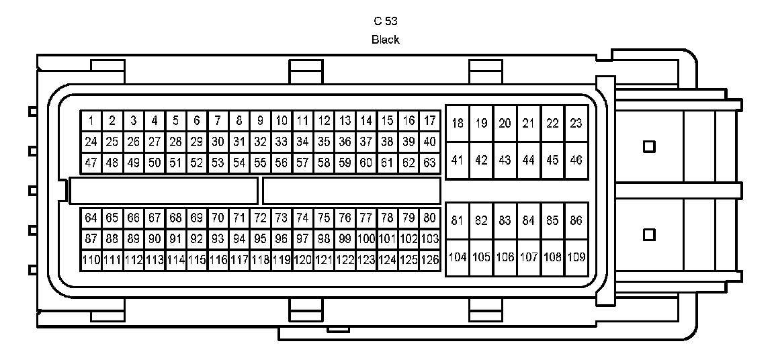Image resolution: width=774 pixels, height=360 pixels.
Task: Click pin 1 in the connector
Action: tap(91, 121)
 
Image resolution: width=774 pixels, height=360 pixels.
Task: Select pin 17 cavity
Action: tap(430, 121)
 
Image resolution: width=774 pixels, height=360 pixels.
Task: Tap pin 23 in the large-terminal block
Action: tap(576, 124)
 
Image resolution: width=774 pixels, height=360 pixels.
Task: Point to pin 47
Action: tap(91, 163)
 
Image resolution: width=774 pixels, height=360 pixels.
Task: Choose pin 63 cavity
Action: tap(430, 163)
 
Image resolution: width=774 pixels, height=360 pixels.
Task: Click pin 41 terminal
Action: tap(458, 161)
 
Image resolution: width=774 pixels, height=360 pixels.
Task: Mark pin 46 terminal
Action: tap(576, 161)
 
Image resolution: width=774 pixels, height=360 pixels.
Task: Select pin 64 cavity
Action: tap(91, 218)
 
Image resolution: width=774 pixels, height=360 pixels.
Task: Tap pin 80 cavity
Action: tap(430, 218)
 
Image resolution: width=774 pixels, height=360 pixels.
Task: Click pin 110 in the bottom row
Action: tap(91, 259)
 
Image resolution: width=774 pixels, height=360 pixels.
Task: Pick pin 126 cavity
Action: tap(430, 259)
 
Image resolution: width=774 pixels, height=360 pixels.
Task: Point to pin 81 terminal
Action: tap(458, 220)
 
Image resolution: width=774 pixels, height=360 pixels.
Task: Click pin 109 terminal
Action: tap(576, 257)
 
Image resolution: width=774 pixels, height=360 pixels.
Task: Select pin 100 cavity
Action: tap(366, 238)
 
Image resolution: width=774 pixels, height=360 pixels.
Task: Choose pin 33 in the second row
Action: tap(282, 142)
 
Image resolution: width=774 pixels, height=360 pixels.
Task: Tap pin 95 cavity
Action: tap(260, 238)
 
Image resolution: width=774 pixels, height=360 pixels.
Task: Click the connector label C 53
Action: tap(386, 21)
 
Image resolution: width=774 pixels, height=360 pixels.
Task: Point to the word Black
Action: tap(386, 40)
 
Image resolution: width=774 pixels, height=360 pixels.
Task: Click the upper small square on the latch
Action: tap(649, 146)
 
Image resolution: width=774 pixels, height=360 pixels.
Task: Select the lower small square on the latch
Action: tap(649, 234)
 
